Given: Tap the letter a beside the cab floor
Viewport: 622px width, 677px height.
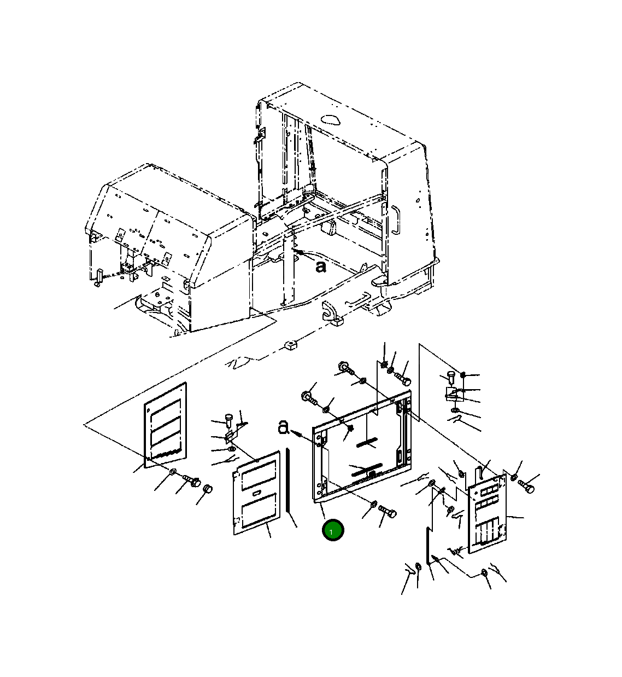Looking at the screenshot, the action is [x=321, y=267].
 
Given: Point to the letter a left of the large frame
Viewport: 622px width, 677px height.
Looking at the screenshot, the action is [x=283, y=427].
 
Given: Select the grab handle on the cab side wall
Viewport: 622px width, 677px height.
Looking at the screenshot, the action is [x=396, y=219].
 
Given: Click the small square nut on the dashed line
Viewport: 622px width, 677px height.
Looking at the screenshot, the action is [x=290, y=345].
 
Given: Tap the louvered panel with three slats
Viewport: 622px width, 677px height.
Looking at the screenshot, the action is [x=165, y=425].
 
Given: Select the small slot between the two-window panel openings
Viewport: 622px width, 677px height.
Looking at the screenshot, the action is [x=257, y=493].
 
